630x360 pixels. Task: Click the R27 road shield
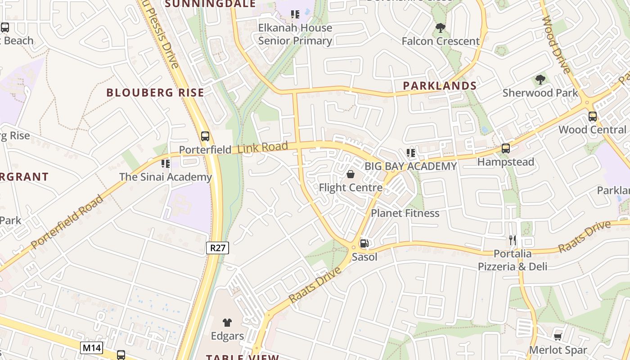pyautogui.click(x=218, y=248)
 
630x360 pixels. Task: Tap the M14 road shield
pyautogui.click(x=92, y=347)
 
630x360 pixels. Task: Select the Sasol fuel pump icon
pyautogui.click(x=364, y=243)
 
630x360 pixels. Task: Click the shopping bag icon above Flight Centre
pyautogui.click(x=350, y=174)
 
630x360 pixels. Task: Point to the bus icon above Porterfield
pyautogui.click(x=205, y=136)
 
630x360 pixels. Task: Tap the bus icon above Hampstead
pyautogui.click(x=505, y=148)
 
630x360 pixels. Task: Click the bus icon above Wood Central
pyautogui.click(x=592, y=117)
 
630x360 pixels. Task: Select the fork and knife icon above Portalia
pyautogui.click(x=512, y=240)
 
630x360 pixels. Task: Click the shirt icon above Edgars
pyautogui.click(x=227, y=322)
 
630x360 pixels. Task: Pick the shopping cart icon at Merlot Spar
pyautogui.click(x=558, y=337)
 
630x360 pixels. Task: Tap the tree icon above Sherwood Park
pyautogui.click(x=540, y=80)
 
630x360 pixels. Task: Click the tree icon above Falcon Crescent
pyautogui.click(x=441, y=28)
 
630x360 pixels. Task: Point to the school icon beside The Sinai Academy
pyautogui.click(x=165, y=163)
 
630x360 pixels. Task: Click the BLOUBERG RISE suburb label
pyautogui.click(x=155, y=93)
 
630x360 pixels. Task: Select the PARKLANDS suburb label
pyautogui.click(x=440, y=85)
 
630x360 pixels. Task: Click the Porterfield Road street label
pyautogui.click(x=67, y=222)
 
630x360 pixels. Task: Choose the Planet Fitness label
pyautogui.click(x=405, y=213)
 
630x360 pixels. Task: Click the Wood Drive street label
pyautogui.click(x=557, y=45)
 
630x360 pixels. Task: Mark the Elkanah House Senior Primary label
pyautogui.click(x=295, y=34)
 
